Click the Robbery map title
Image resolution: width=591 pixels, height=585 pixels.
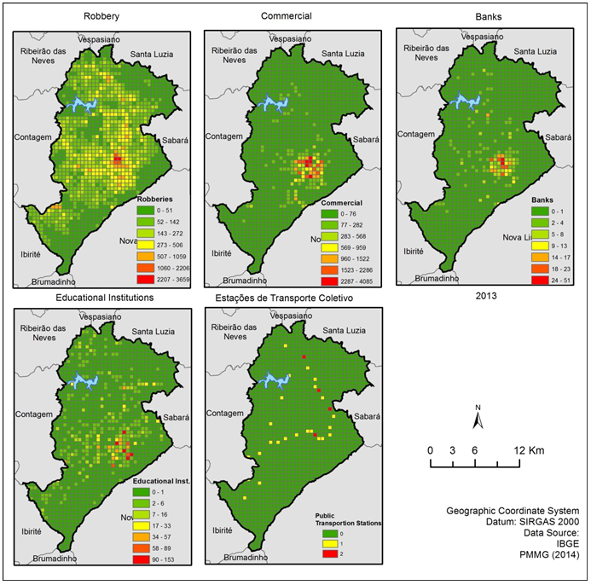[x=101, y=16]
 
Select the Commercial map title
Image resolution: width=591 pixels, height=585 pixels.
[x=286, y=16]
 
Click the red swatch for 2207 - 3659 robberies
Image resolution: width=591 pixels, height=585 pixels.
[x=146, y=278]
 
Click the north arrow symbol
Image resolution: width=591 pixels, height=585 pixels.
[x=479, y=419]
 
